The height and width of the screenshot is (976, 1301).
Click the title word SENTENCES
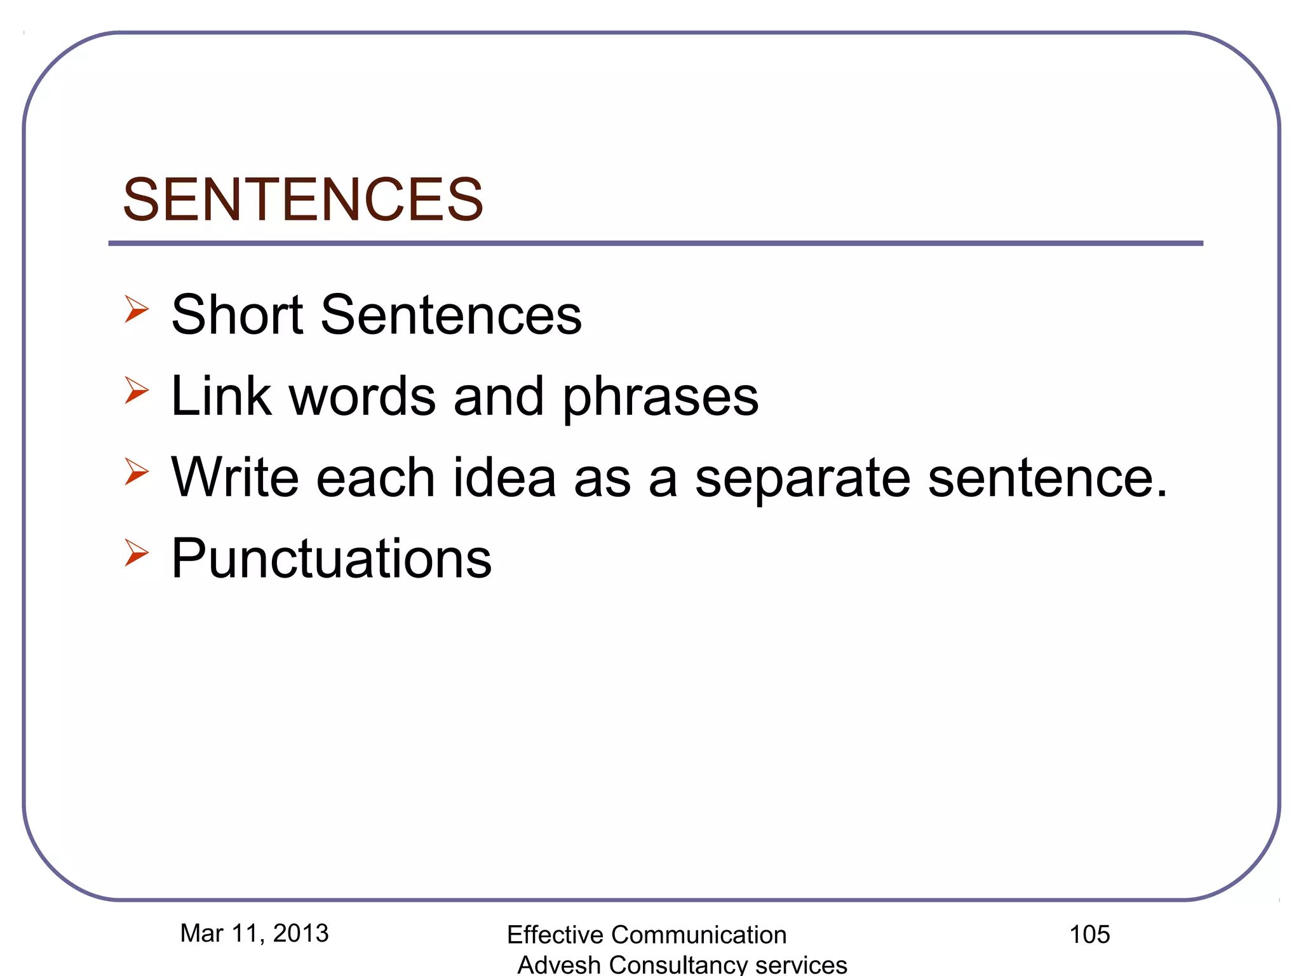coord(303,200)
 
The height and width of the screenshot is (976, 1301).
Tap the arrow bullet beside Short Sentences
coord(136,309)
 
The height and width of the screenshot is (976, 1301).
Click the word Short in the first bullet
coord(237,315)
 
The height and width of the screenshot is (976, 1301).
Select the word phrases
coord(661,397)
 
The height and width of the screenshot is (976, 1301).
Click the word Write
coord(234,477)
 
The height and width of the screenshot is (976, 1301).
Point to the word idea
coord(504,477)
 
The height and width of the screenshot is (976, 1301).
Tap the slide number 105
coord(1089,934)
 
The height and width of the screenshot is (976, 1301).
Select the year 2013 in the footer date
coord(300,933)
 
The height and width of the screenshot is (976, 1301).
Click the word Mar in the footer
coord(201,933)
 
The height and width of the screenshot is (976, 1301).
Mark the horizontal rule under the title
coord(656,243)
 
